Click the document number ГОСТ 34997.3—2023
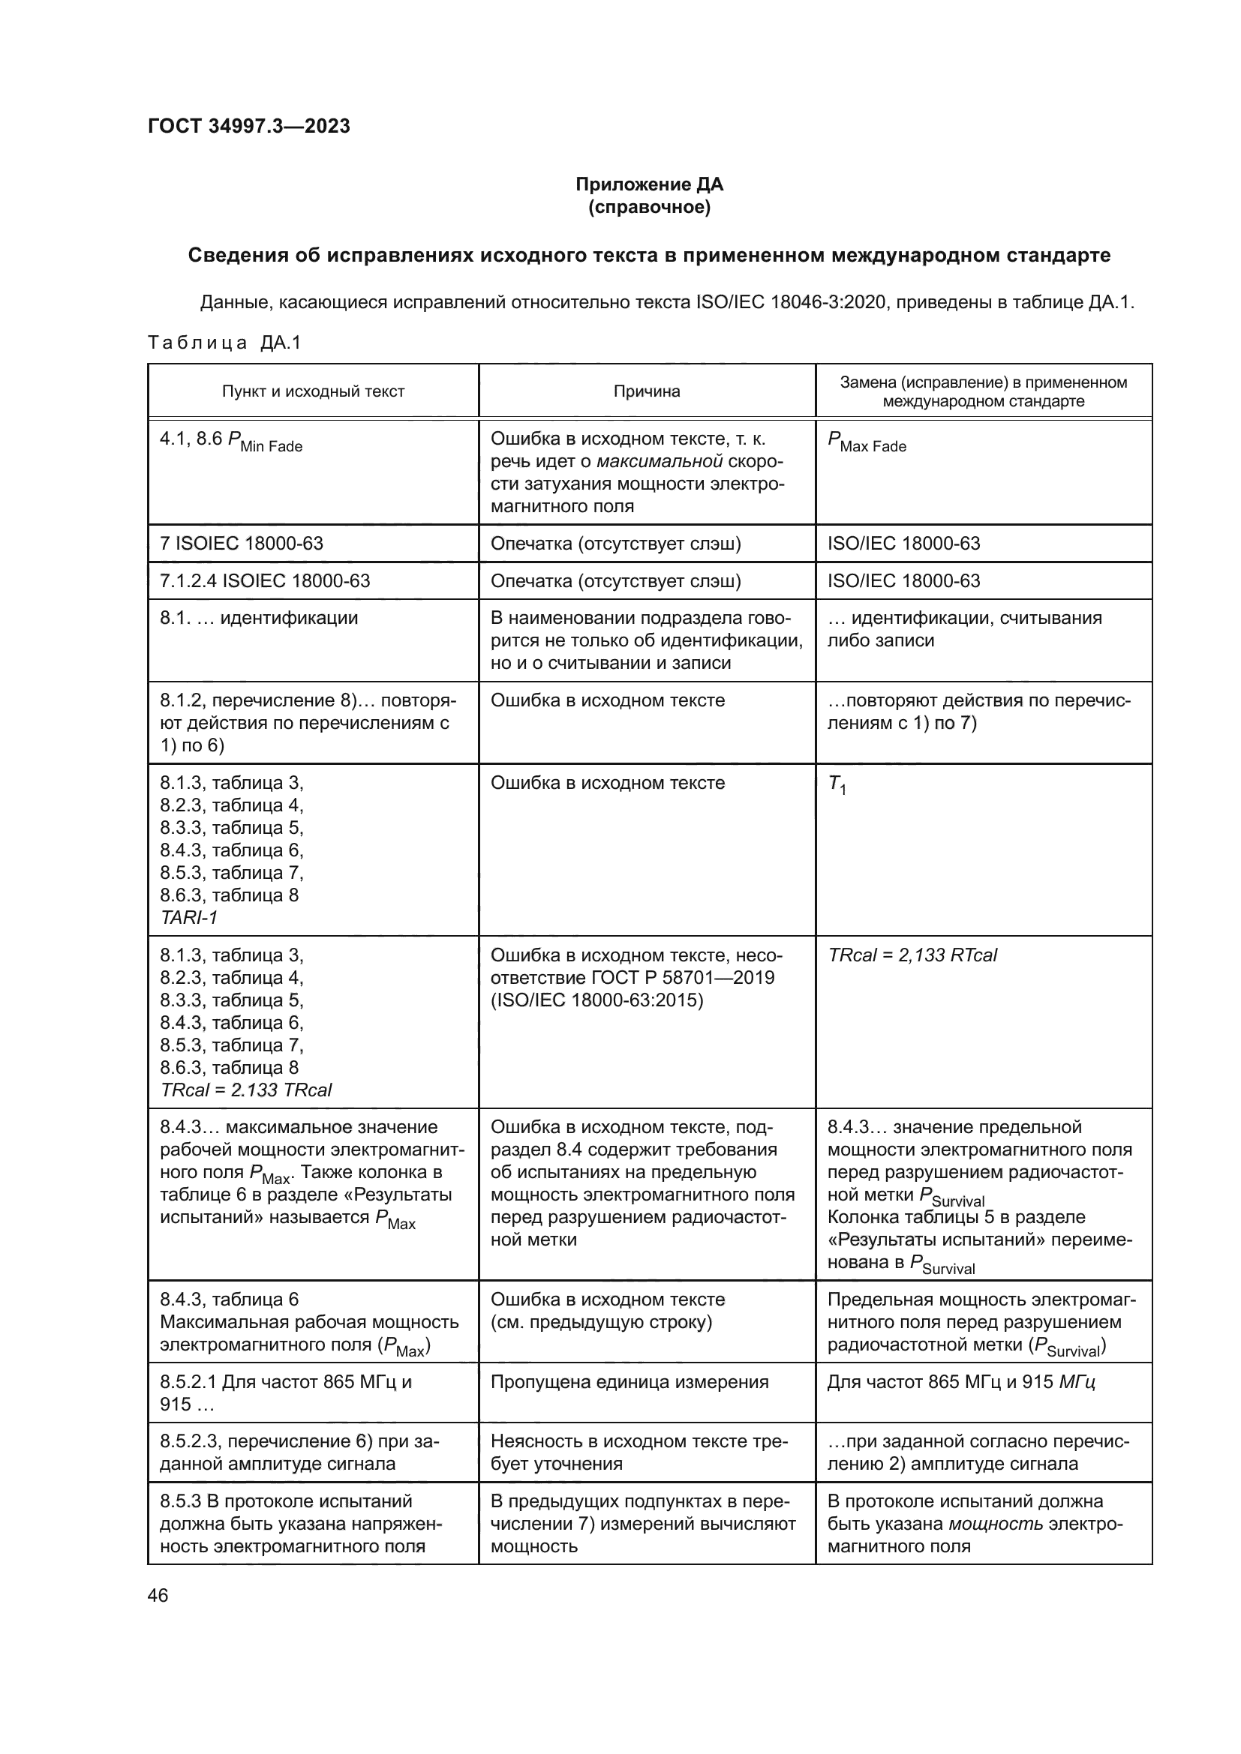248,126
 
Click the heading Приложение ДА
649,184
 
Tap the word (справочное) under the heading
649,207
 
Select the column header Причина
647,391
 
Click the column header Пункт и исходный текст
313,391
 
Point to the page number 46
158,1595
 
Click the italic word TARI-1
189,917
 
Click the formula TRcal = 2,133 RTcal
912,955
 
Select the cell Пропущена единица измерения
629,1382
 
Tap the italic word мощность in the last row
995,1524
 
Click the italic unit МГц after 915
1077,1382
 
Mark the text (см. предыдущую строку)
601,1321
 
